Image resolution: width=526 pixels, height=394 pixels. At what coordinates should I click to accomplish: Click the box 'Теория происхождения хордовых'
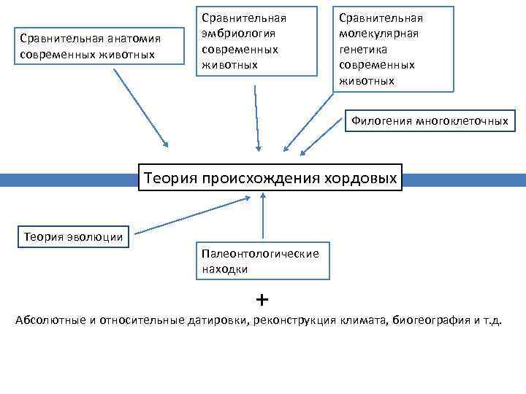click(x=270, y=177)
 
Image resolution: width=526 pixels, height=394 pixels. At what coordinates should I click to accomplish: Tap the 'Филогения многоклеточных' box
click(x=429, y=121)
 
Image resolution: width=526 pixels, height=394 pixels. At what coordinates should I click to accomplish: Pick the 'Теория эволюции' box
click(x=73, y=236)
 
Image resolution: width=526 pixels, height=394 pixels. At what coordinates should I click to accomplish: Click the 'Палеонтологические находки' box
click(x=261, y=261)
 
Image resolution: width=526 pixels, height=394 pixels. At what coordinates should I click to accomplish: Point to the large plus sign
click(x=262, y=299)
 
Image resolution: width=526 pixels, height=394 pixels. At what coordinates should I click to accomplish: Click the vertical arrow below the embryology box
click(x=256, y=117)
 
